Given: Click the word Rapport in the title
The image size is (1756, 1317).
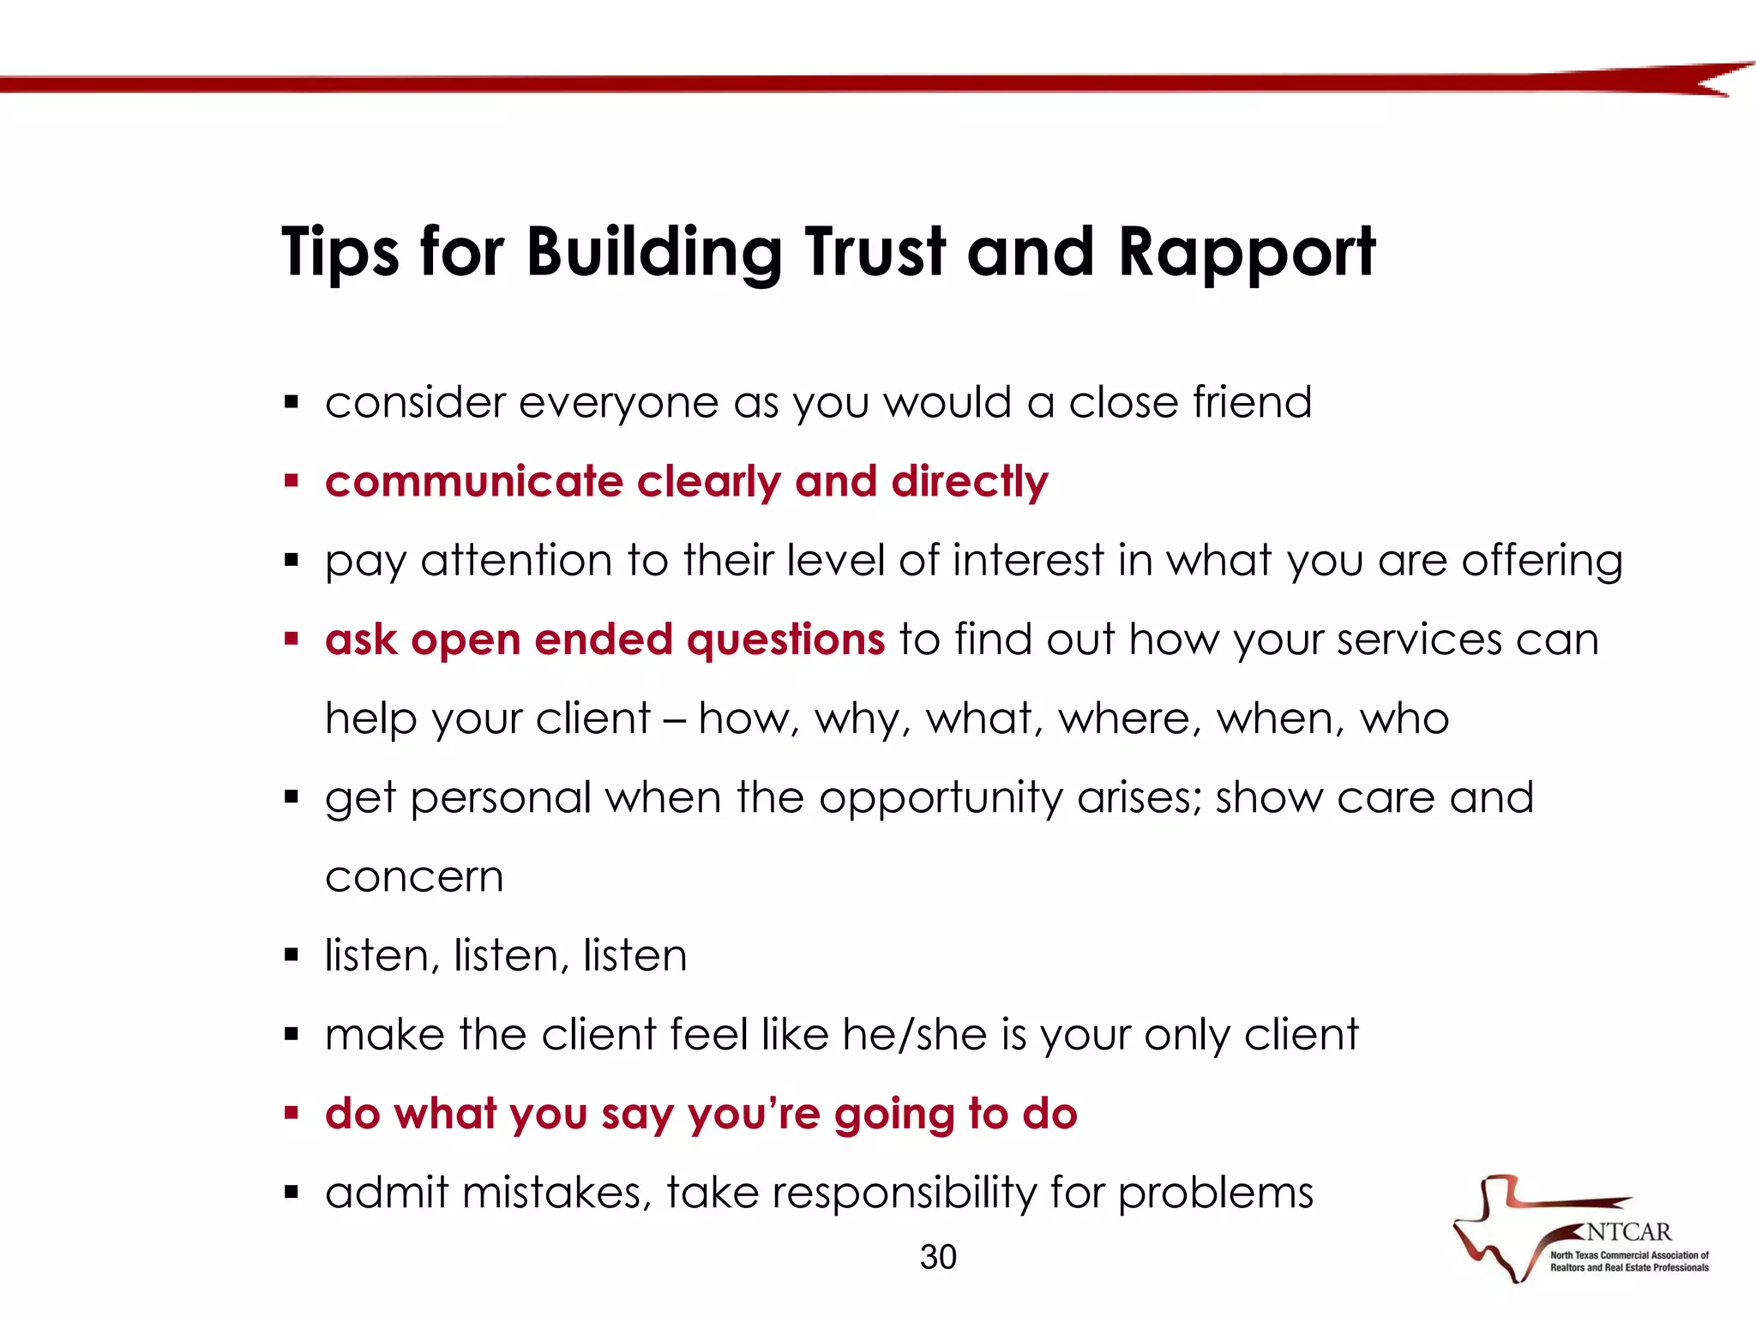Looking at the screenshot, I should point(1247,253).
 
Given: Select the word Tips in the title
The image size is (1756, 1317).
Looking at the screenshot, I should point(340,253).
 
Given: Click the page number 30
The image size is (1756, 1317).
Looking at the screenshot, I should point(938,1257).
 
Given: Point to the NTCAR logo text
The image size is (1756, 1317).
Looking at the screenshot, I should point(1628,1232).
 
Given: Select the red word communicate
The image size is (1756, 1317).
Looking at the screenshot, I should point(473,481).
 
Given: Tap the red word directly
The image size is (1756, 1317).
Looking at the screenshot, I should point(970,483).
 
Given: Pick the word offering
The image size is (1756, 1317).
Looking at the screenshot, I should point(1542,561).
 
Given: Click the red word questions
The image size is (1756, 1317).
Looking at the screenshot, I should point(785,640).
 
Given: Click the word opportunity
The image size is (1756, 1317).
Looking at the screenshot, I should point(941,799).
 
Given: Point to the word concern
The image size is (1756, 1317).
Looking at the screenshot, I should point(414,877).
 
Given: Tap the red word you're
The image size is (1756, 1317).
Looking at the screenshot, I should point(755,1115).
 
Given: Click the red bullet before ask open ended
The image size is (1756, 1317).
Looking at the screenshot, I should point(292,639).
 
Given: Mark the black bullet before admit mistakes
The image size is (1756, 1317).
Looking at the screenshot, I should point(292,1192).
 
